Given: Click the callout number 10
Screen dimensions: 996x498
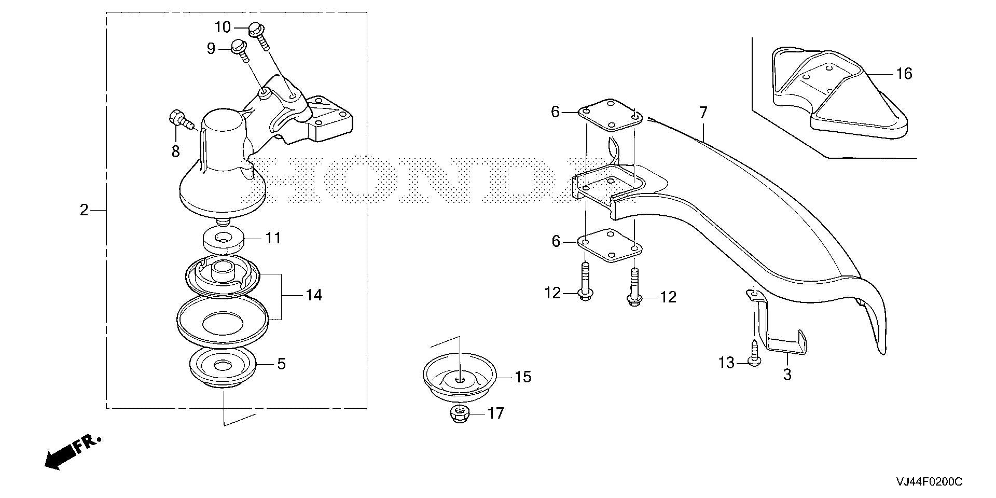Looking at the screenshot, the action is [x=223, y=27].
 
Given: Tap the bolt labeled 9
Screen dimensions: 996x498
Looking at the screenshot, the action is [x=240, y=50].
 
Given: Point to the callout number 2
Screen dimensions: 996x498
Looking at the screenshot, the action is [x=84, y=210].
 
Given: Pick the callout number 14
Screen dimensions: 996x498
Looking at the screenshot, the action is [x=314, y=295].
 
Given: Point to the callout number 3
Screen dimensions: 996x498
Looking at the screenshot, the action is [x=787, y=374].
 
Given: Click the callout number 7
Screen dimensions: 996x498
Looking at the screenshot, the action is [x=703, y=112].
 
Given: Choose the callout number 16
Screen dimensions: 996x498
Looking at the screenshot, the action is [x=904, y=74].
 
